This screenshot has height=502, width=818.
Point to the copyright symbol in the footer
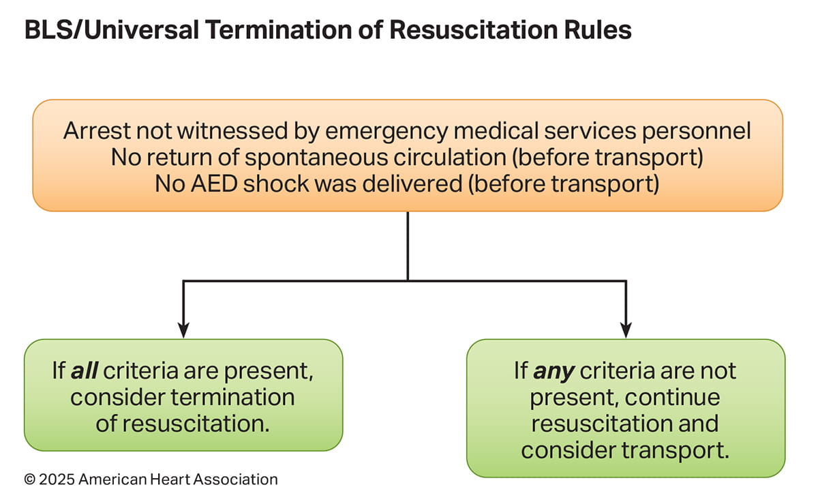click(x=30, y=479)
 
